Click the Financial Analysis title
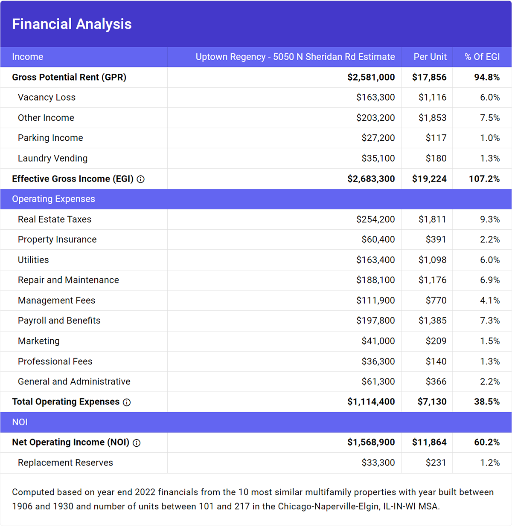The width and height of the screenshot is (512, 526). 72,24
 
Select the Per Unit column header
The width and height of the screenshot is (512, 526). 430,57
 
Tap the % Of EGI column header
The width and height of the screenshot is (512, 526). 482,57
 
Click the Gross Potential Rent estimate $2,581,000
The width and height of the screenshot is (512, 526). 371,77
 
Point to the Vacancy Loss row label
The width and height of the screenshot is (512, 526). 47,97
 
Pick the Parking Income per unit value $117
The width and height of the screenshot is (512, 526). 436,138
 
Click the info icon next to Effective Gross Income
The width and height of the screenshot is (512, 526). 141,179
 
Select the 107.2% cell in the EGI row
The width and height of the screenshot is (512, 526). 484,179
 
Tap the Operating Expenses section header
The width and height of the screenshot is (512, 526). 53,199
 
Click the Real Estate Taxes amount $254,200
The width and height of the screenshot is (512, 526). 375,219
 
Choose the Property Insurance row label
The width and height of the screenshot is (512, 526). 57,240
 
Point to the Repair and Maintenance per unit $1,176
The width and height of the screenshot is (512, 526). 432,280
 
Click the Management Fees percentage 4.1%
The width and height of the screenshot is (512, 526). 489,301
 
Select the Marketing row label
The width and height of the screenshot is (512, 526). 39,341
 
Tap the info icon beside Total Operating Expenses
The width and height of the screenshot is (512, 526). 127,402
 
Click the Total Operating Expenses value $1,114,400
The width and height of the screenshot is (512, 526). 371,402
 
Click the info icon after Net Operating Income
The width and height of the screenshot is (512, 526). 137,443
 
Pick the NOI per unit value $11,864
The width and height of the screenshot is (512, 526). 429,442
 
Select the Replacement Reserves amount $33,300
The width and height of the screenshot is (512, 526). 378,462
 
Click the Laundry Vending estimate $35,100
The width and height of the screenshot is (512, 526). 378,158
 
